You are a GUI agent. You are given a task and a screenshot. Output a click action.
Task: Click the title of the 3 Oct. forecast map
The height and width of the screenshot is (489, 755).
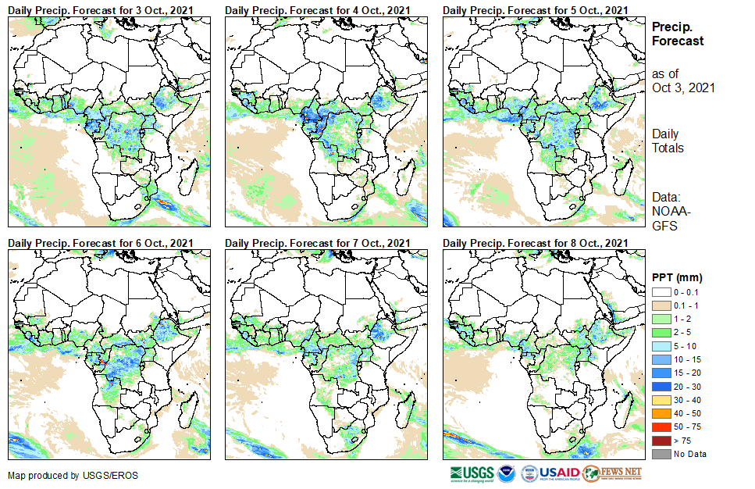(101, 9)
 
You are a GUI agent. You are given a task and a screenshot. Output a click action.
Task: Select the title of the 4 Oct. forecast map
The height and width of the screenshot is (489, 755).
(318, 9)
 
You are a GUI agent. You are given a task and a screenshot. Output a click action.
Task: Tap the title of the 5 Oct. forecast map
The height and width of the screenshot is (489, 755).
(535, 9)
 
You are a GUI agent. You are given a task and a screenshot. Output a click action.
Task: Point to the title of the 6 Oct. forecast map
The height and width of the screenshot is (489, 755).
(101, 244)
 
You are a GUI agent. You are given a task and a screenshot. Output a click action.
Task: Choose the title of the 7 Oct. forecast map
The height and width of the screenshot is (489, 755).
(318, 244)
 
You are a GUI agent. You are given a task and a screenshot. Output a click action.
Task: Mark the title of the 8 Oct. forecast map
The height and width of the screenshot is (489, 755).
(535, 244)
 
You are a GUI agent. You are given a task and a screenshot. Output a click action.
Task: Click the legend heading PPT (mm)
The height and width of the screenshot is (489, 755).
(677, 278)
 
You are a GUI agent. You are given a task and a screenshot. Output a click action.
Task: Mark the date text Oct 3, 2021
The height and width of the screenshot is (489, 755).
(683, 87)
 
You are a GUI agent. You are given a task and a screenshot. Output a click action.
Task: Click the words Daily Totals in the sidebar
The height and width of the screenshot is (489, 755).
(668, 141)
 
